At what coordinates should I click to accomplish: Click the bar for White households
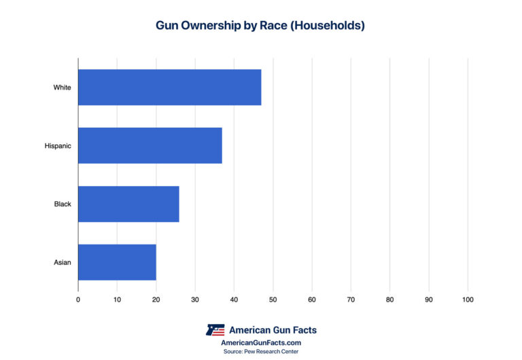[169, 87]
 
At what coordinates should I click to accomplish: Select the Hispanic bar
[150, 145]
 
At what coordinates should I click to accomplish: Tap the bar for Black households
[128, 204]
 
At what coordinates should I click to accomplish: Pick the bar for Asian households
[117, 262]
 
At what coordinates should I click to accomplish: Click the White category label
[63, 87]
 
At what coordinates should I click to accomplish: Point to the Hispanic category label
[58, 145]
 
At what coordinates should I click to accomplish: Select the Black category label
[63, 204]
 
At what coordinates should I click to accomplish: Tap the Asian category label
[63, 262]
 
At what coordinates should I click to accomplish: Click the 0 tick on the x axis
[78, 300]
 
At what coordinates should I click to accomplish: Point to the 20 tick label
[156, 300]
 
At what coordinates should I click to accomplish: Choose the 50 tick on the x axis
[273, 300]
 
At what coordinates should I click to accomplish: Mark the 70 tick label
[351, 300]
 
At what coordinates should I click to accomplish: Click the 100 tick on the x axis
[468, 300]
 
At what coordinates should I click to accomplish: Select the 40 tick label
[234, 300]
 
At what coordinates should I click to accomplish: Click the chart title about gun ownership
[260, 26]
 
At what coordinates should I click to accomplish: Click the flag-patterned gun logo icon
[215, 330]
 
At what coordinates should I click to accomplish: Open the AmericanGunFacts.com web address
[261, 343]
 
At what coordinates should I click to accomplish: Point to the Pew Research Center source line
[261, 351]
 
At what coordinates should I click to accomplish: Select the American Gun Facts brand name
[273, 330]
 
